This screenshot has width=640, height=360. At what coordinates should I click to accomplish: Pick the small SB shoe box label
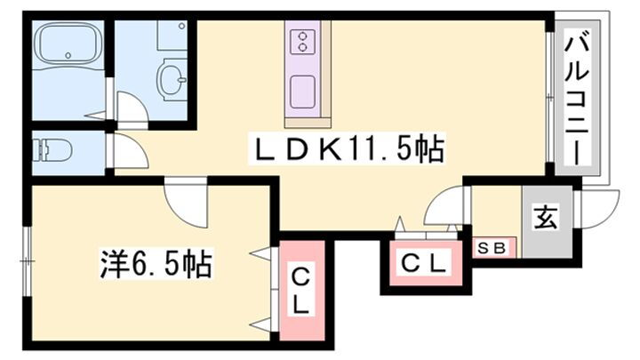coord(492,249)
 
